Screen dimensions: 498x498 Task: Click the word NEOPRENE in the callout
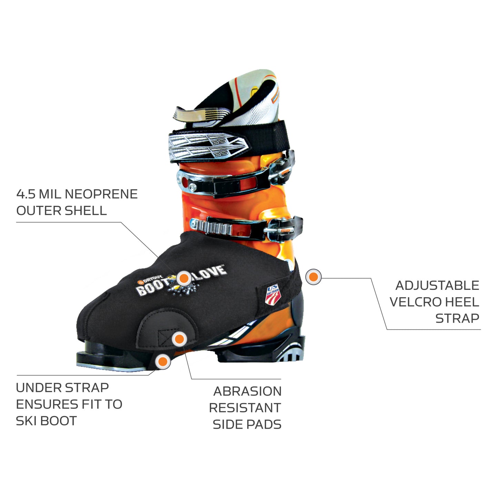101,194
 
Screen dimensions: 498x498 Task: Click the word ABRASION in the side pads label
247,391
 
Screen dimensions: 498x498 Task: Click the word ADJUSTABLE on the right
437,285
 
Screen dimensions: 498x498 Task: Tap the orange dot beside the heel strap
313,277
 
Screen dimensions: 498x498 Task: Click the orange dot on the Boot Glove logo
184,278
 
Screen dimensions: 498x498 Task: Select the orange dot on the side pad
179,339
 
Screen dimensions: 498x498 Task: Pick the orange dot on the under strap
163,362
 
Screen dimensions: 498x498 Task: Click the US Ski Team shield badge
273,295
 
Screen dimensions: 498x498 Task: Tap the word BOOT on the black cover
152,287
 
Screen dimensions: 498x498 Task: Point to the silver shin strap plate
208,146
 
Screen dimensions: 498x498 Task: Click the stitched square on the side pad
166,338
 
